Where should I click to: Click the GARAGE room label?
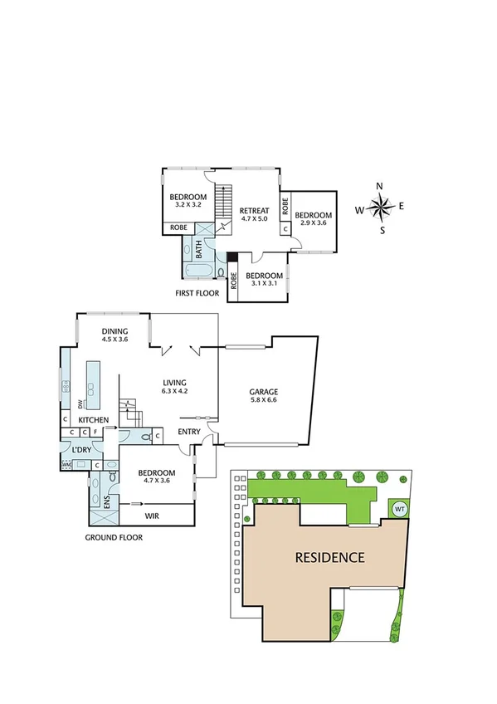264,391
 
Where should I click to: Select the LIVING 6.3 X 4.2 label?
174,383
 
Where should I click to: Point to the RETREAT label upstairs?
255,211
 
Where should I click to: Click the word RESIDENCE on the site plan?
329,557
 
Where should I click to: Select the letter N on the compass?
380,186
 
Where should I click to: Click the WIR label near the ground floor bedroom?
152,515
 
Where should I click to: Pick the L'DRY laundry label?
80,449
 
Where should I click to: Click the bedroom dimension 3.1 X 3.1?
265,285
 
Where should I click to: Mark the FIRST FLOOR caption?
197,294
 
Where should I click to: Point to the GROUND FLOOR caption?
114,537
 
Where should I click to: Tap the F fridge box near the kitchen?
96,433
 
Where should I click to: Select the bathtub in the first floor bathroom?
200,271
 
